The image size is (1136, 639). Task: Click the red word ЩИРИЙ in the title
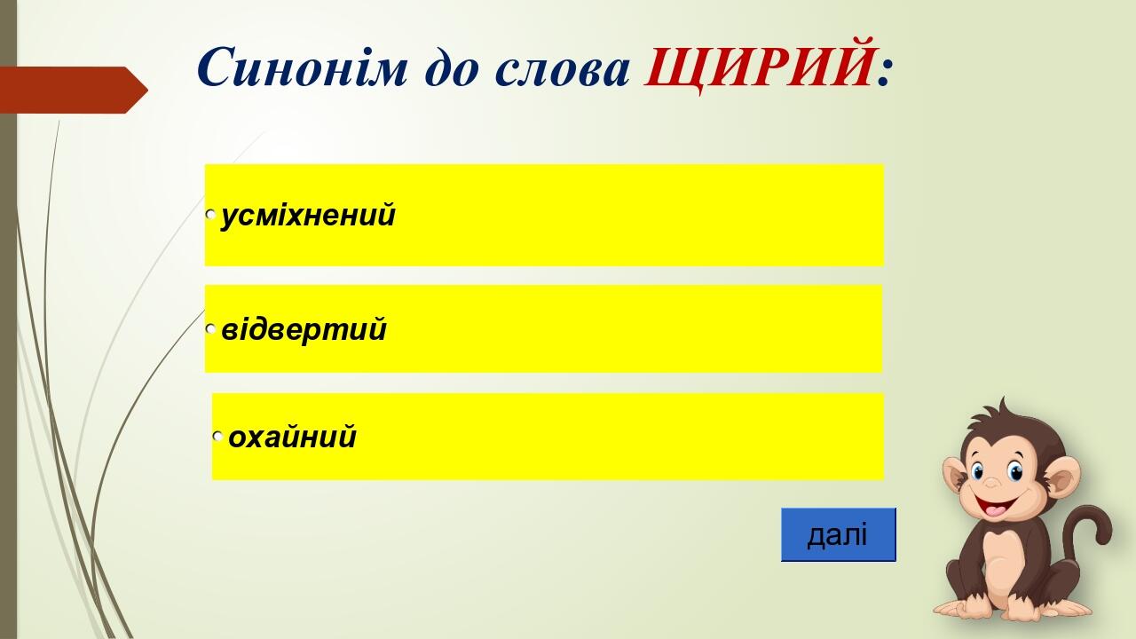click(759, 66)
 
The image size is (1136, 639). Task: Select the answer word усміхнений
click(308, 216)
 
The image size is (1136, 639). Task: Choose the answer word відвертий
click(304, 328)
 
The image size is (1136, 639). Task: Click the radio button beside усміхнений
click(211, 215)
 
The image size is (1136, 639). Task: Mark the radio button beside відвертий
click(211, 328)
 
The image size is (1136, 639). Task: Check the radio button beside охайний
click(218, 436)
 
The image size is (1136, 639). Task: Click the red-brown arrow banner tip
click(147, 91)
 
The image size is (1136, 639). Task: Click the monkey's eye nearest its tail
click(1014, 471)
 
